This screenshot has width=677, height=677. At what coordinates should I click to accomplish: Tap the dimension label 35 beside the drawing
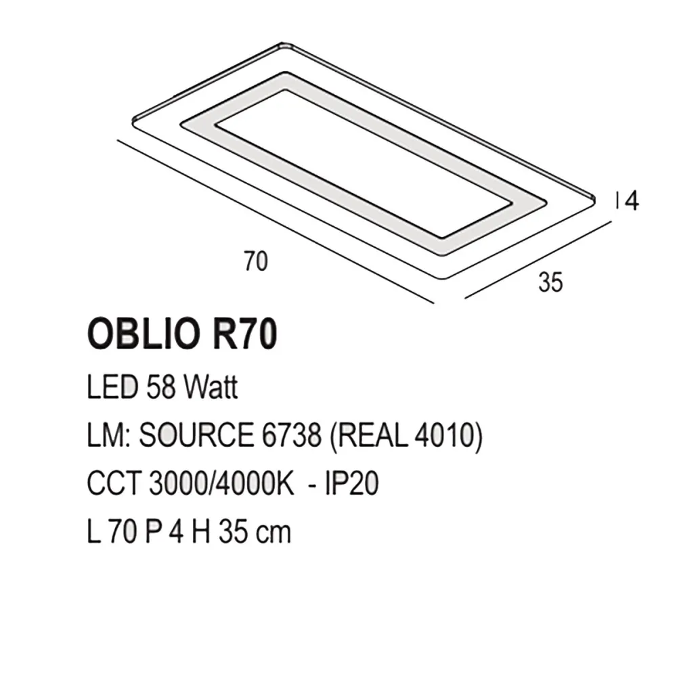550,282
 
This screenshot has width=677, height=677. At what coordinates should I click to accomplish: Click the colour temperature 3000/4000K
219,485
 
